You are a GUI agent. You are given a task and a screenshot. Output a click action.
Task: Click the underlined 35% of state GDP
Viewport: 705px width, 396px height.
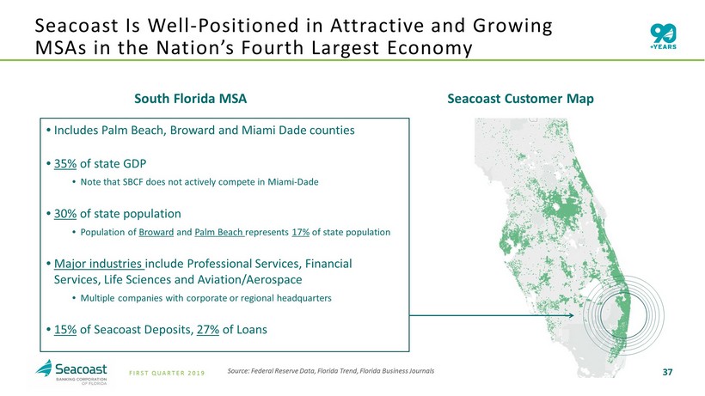(65, 163)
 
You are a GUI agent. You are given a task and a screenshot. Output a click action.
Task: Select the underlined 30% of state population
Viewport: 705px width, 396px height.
(65, 214)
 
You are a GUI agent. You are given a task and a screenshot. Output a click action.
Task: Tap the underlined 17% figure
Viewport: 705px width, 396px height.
(300, 232)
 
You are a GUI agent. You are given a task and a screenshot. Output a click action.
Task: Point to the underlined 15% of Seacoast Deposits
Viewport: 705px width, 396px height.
(65, 330)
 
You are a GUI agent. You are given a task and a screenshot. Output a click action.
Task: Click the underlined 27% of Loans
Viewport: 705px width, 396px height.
(208, 330)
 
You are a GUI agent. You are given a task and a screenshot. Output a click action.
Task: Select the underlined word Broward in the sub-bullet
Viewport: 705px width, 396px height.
(156, 232)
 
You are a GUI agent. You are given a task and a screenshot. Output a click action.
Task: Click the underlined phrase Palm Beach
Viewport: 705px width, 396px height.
(219, 233)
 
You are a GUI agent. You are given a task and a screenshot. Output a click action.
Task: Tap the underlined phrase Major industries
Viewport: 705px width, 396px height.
(98, 264)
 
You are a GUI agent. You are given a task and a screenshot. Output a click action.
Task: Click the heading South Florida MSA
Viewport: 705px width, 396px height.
(190, 99)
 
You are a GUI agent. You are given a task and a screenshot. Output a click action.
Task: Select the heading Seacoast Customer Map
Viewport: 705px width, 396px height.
(520, 99)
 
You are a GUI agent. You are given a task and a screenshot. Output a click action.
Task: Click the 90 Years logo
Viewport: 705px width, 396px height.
(663, 37)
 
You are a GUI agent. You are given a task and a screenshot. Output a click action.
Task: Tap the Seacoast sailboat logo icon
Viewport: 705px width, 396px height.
(44, 369)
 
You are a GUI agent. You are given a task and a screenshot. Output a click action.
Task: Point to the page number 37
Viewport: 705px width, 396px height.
(667, 372)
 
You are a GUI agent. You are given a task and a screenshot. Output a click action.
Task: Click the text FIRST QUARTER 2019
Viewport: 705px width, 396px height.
(167, 373)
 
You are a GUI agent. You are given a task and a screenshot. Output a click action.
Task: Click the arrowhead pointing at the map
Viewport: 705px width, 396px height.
(572, 315)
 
